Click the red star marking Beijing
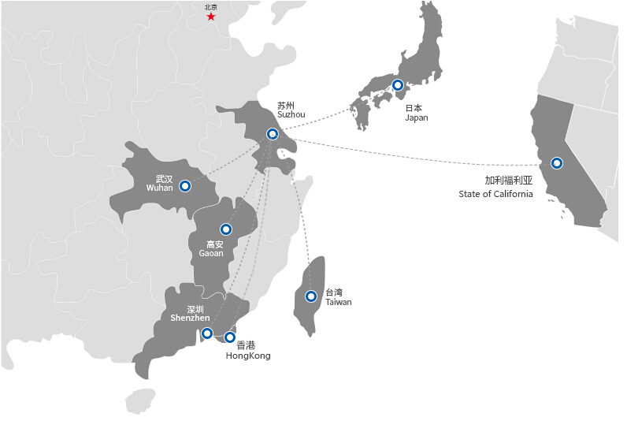pyautogui.click(x=210, y=17)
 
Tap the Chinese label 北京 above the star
pyautogui.click(x=210, y=7)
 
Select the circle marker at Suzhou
pyautogui.click(x=273, y=134)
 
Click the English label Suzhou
pyautogui.click(x=291, y=115)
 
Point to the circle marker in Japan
pyautogui.click(x=398, y=85)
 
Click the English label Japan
pyautogui.click(x=416, y=117)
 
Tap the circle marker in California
pyautogui.click(x=557, y=163)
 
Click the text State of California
pyautogui.click(x=495, y=194)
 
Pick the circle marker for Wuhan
pyautogui.click(x=185, y=186)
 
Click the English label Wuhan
pyautogui.click(x=159, y=188)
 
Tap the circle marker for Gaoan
pyautogui.click(x=226, y=229)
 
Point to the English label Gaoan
pyautogui.click(x=210, y=254)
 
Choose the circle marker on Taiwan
pyautogui.click(x=311, y=296)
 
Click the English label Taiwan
pyautogui.click(x=338, y=302)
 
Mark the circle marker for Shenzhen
pyautogui.click(x=207, y=333)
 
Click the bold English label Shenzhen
pyautogui.click(x=190, y=318)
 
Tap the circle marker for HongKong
pyautogui.click(x=230, y=337)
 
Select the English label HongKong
pyautogui.click(x=248, y=356)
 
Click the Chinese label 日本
pyautogui.click(x=414, y=108)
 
